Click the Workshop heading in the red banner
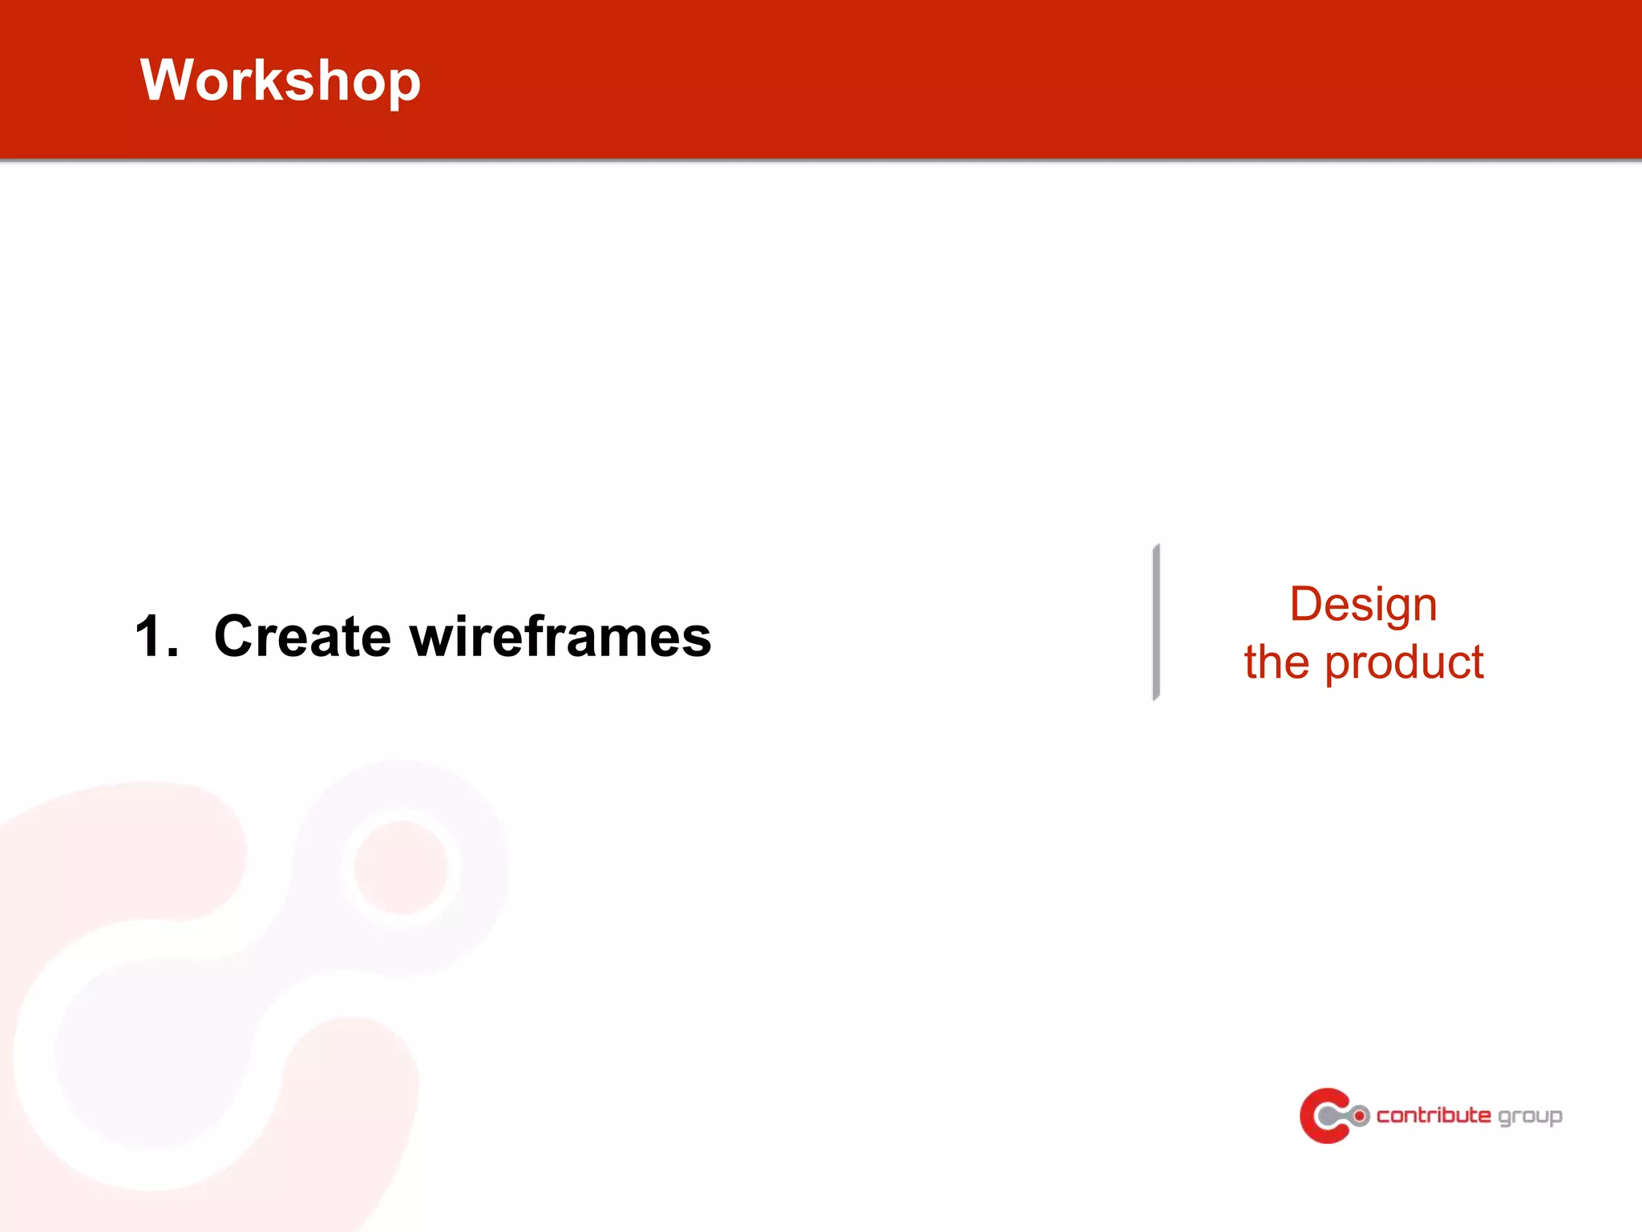[x=280, y=80]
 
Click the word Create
[x=302, y=637]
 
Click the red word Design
[x=1362, y=605]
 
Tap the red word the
[x=1276, y=663]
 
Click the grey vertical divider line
[x=1155, y=622]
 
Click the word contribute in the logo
[x=1433, y=1116]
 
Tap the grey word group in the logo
[x=1530, y=1117]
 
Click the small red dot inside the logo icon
[x=1360, y=1116]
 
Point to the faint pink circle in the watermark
[x=400, y=867]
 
